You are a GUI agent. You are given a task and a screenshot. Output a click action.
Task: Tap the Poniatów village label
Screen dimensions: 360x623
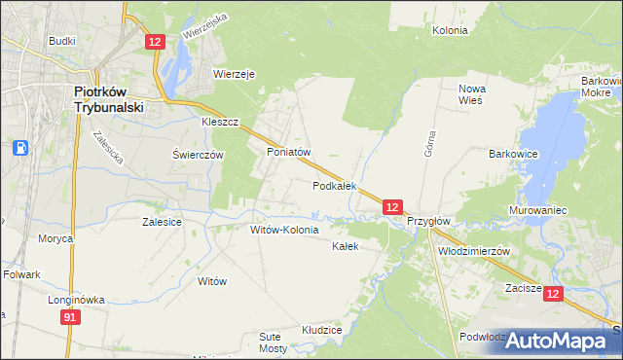point(288,153)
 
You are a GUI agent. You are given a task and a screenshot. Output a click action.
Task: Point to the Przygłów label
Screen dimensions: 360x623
point(428,221)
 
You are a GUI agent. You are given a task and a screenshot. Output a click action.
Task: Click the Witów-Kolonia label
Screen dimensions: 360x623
point(284,231)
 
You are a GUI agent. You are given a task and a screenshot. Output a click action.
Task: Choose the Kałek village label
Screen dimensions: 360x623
point(346,246)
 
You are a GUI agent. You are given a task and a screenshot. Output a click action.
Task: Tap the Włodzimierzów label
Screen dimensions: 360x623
point(474,250)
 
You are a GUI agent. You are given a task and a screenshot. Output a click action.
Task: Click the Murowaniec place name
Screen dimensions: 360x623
point(537,210)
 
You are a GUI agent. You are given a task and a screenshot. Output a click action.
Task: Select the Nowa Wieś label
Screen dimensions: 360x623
point(472,94)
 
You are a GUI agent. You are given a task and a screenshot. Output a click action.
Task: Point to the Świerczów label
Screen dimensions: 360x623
point(199,155)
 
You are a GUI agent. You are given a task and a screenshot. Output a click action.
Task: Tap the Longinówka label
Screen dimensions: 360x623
point(76,300)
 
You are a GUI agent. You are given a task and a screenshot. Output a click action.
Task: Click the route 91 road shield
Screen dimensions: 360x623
point(69,317)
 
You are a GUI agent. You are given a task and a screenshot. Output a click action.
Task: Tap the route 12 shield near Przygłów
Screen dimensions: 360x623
point(391,207)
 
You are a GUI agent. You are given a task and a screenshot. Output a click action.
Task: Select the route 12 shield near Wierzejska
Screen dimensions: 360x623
point(156,41)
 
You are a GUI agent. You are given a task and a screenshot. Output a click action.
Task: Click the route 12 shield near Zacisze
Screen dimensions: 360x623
point(553,294)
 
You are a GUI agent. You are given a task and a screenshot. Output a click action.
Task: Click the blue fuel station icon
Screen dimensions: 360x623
point(20,148)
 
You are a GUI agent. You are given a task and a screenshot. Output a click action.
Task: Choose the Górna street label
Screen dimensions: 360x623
point(429,143)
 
